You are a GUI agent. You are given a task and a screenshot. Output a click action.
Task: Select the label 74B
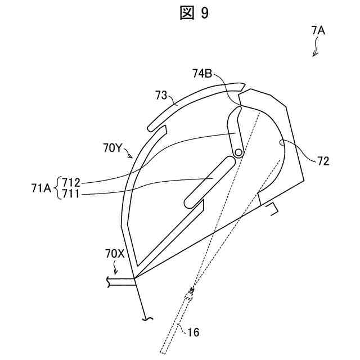(202, 73)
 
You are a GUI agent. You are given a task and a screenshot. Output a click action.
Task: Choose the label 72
(323, 161)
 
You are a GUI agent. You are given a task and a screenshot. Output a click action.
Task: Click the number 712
(71, 182)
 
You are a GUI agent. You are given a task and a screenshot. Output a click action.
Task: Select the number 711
(71, 195)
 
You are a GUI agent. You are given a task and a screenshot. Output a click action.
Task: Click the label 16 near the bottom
(193, 332)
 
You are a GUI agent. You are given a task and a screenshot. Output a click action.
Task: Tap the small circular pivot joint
(239, 152)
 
